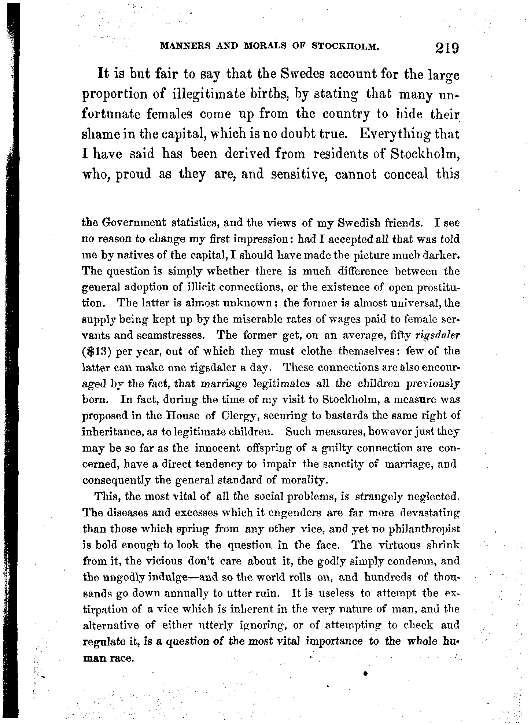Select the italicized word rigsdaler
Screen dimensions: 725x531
coord(438,335)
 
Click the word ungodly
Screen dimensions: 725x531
coord(121,577)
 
